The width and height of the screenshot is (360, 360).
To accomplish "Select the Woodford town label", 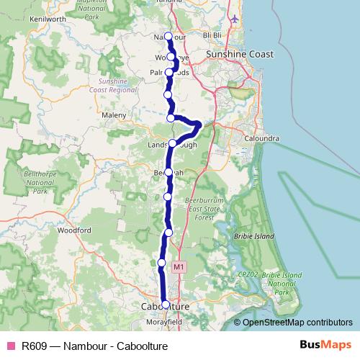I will [x=75, y=230].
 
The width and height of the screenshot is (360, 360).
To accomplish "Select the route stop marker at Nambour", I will [x=168, y=36].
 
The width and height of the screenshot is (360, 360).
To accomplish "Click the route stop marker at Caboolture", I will [x=166, y=305].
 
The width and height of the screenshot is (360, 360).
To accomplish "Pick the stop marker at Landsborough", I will [x=173, y=143].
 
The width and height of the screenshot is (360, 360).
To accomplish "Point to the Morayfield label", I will [x=165, y=321].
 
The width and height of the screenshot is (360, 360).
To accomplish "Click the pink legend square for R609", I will [x=11, y=345].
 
